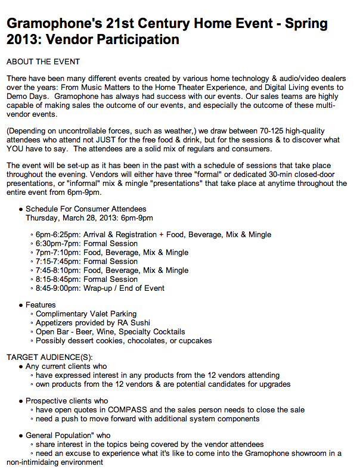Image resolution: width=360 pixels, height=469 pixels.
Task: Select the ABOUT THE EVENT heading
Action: (42, 61)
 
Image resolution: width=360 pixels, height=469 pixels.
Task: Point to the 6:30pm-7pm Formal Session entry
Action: (86, 243)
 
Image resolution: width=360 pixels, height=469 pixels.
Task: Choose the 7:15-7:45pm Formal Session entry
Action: (86, 261)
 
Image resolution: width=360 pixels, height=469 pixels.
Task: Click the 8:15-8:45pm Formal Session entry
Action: (86, 279)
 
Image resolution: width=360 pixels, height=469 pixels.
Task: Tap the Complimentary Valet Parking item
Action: (86, 313)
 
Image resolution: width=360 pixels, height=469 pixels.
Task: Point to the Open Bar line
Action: (110, 331)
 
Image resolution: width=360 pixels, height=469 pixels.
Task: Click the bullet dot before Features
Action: (21, 305)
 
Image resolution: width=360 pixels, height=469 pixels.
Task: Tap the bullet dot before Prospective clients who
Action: (21, 401)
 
